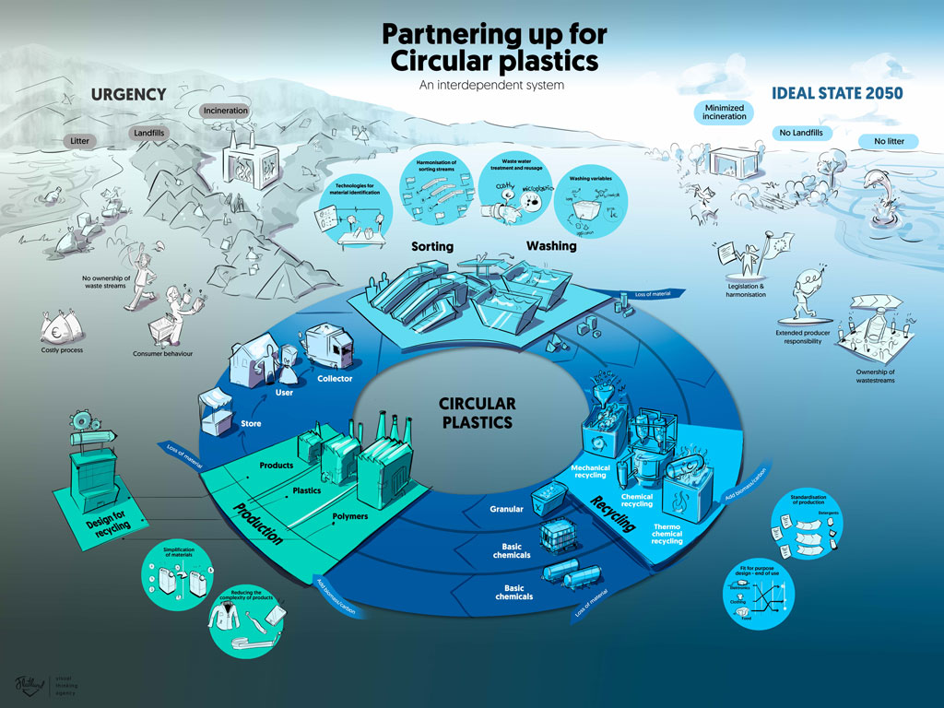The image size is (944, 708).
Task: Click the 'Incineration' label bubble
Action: tap(225, 111)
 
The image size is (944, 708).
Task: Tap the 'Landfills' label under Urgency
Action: tap(148, 133)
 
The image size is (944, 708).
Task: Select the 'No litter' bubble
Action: tap(881, 141)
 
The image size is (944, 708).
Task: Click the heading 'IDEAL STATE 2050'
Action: tap(836, 93)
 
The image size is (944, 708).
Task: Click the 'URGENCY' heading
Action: tap(128, 94)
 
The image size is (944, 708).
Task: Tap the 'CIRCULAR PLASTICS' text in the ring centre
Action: tap(477, 413)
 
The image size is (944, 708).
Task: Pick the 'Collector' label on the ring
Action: tap(335, 379)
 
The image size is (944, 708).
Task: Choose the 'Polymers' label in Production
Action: tap(349, 516)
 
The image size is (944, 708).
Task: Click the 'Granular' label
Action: tap(507, 508)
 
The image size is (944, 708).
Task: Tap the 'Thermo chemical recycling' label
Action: tap(667, 533)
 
